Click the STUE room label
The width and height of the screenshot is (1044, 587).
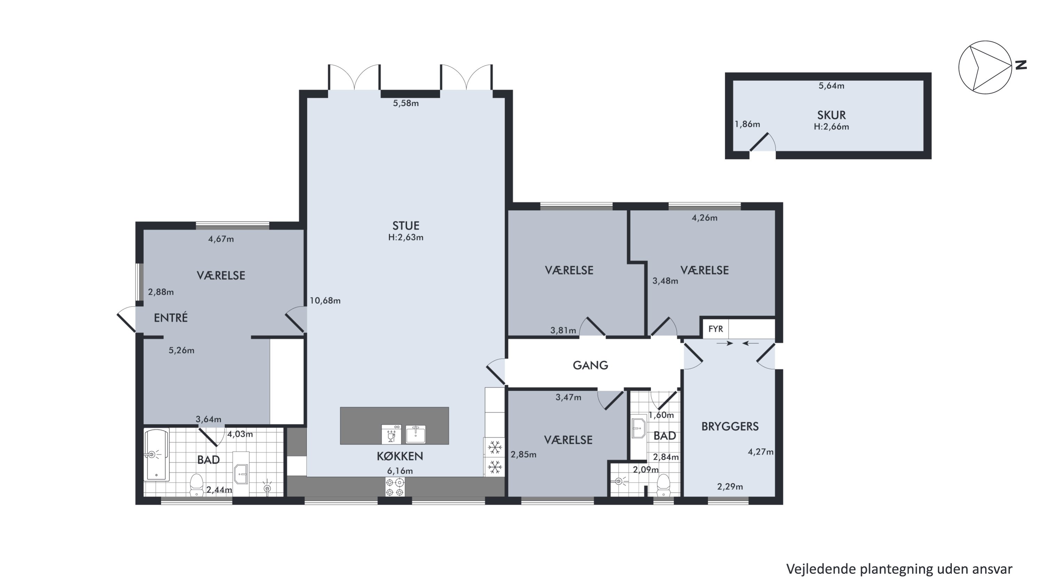[406, 225]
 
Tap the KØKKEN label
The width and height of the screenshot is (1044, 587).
[400, 456]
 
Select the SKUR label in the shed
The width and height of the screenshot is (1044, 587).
[831, 115]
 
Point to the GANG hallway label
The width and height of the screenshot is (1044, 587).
[590, 365]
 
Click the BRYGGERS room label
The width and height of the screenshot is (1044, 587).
[730, 426]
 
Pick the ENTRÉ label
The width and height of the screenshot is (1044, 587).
[171, 318]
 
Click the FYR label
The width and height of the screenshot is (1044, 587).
[715, 329]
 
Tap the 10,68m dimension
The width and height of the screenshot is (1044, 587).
[325, 301]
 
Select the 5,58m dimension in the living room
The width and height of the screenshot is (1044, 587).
[406, 103]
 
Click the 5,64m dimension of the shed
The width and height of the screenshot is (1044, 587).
[831, 86]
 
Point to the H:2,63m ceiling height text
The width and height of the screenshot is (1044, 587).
[406, 237]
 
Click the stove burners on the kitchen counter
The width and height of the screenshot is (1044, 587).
[395, 487]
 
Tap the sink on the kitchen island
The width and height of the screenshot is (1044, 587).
[416, 434]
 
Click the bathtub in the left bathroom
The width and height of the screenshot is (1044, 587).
[157, 454]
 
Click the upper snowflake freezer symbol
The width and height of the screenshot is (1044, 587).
[495, 447]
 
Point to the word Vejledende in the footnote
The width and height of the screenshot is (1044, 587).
[820, 569]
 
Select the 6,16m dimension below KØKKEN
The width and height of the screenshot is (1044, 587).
[400, 471]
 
